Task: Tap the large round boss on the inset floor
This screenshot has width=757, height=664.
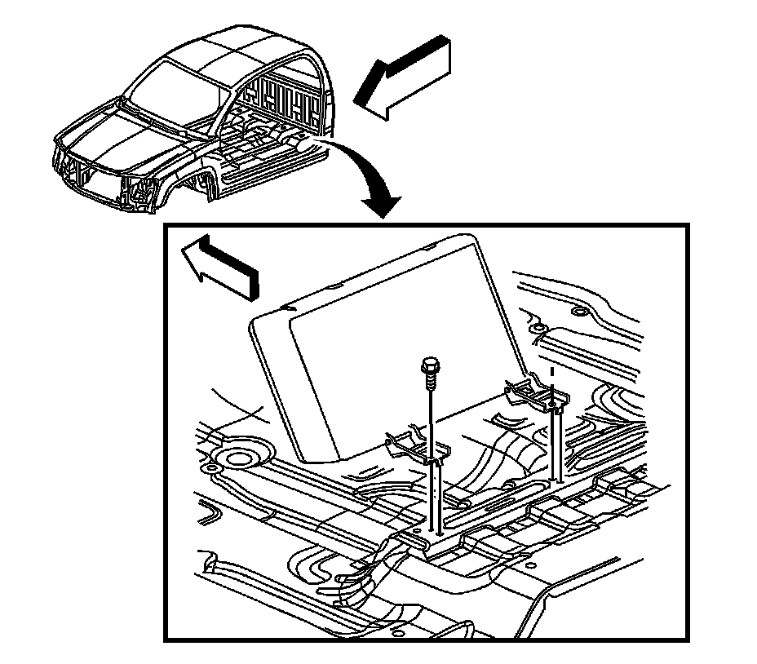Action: [238, 458]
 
